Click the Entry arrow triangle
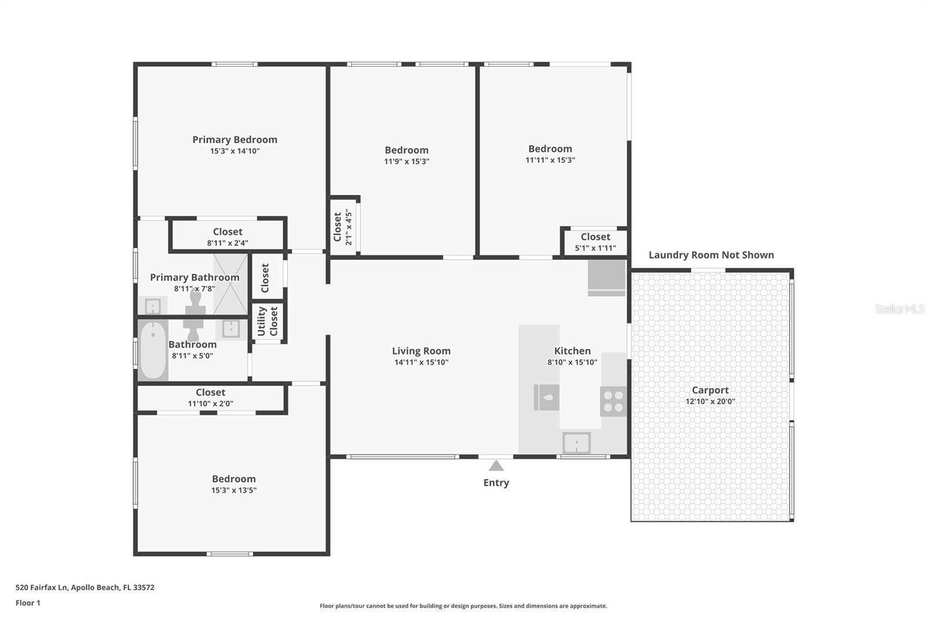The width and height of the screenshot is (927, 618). pyautogui.click(x=496, y=466)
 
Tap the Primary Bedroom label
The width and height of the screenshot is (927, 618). pyautogui.click(x=235, y=140)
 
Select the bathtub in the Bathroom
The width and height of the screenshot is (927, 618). pyautogui.click(x=153, y=350)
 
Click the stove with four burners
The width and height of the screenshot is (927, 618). pyautogui.click(x=613, y=401)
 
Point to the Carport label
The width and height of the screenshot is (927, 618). pyautogui.click(x=710, y=390)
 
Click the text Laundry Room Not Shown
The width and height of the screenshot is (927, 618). pyautogui.click(x=711, y=255)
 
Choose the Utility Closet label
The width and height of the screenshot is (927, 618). pyautogui.click(x=268, y=321)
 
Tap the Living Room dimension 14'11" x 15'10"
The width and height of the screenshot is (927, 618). pyautogui.click(x=421, y=362)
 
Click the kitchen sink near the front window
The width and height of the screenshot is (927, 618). pyautogui.click(x=576, y=443)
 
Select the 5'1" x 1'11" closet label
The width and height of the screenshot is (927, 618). pyautogui.click(x=595, y=248)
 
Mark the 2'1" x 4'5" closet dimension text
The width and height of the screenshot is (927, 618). pyautogui.click(x=349, y=227)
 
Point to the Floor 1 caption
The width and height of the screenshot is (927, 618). pyautogui.click(x=28, y=603)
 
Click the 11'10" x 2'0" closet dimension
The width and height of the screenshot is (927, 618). pyautogui.click(x=210, y=403)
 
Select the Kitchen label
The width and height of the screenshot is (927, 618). pyautogui.click(x=572, y=351)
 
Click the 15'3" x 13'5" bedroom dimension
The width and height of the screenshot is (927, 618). pyautogui.click(x=233, y=490)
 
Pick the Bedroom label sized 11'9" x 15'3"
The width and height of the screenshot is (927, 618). pyautogui.click(x=406, y=150)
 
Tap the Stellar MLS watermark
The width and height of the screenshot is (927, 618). pyautogui.click(x=899, y=309)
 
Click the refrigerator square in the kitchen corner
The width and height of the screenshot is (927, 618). pyautogui.click(x=607, y=277)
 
